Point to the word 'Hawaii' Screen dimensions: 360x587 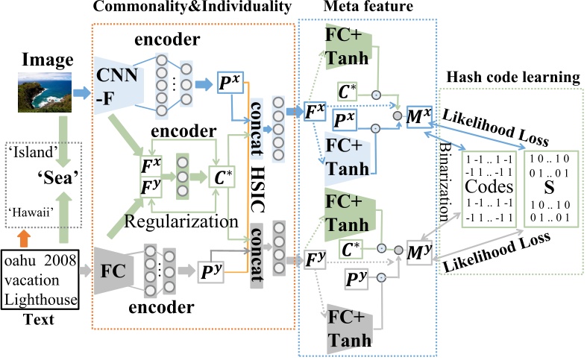pyautogui.click(x=29, y=211)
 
